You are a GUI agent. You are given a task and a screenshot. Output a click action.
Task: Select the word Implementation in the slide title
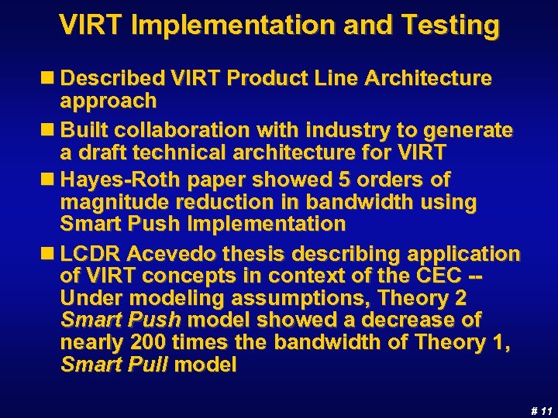[x=243, y=26]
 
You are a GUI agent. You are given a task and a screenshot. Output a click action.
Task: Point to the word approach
[x=108, y=101]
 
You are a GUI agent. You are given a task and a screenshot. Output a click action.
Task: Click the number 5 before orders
[x=343, y=180]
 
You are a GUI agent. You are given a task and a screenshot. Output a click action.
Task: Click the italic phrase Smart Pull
[x=114, y=365]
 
